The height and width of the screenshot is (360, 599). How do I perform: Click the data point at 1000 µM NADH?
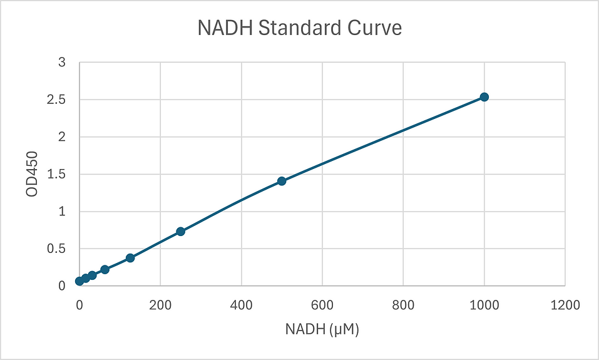(484, 97)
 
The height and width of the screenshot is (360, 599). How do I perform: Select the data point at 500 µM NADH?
(282, 181)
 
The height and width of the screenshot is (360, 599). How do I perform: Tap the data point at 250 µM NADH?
(180, 232)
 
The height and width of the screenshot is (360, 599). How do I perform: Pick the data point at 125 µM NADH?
(130, 258)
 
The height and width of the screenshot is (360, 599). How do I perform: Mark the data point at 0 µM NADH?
(79, 281)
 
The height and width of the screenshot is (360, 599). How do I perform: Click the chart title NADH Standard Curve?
(299, 29)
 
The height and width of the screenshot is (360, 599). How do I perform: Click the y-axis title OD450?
(32, 174)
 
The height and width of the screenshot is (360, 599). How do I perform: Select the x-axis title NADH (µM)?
(322, 329)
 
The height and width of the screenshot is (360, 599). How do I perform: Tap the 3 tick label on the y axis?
(61, 63)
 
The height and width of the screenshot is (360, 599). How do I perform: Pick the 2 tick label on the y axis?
(61, 137)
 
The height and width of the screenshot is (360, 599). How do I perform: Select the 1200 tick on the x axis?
(565, 305)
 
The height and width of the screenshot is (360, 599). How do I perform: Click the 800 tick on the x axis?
(403, 305)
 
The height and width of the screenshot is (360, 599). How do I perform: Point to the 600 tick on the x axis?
(322, 305)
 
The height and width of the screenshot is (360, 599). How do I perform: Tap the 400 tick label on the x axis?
(242, 305)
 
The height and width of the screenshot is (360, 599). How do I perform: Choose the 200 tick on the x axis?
(160, 305)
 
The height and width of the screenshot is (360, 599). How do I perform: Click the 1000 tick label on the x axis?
(484, 305)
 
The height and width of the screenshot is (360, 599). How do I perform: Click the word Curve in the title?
(376, 29)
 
